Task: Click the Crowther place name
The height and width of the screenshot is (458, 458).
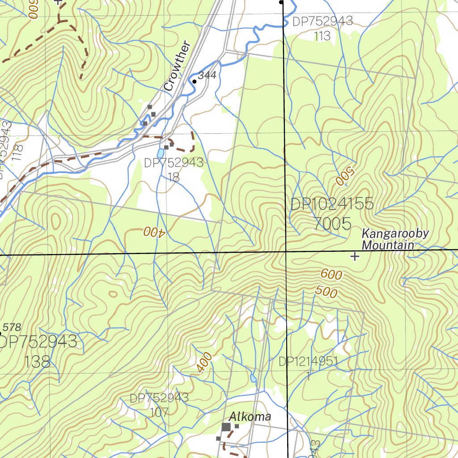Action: click(x=177, y=67)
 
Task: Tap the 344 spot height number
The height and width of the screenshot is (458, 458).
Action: click(x=207, y=76)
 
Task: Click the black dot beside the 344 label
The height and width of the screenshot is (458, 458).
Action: click(x=194, y=81)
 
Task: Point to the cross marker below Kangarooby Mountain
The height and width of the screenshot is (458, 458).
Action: click(x=355, y=256)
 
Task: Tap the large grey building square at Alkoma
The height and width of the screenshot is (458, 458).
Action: click(x=226, y=427)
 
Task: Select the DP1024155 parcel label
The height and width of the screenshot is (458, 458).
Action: click(x=331, y=204)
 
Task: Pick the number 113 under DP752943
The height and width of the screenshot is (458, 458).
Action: click(x=322, y=36)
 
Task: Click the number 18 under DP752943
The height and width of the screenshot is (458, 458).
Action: click(x=174, y=178)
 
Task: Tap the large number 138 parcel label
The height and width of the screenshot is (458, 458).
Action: click(x=38, y=361)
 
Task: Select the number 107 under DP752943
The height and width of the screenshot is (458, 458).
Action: click(x=159, y=412)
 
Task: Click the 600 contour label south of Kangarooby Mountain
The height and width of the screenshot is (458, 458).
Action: click(x=331, y=275)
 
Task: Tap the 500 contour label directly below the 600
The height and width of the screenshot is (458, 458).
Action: click(x=326, y=292)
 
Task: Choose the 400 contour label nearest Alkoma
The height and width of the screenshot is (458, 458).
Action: click(x=204, y=362)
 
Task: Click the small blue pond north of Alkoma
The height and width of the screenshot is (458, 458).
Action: click(x=253, y=378)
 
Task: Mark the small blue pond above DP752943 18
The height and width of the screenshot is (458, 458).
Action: click(x=160, y=153)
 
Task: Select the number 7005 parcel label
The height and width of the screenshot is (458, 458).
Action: click(x=332, y=224)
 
